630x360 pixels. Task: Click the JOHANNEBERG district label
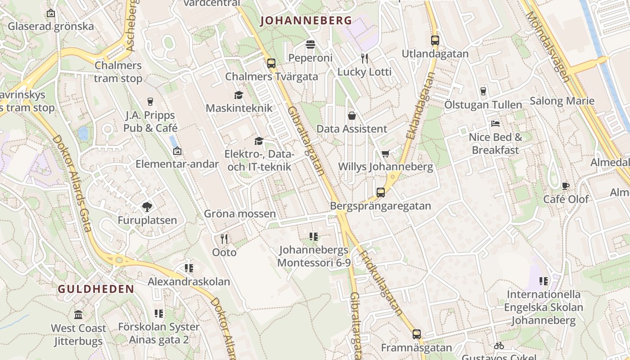point(306,20)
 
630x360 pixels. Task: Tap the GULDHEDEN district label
point(96,289)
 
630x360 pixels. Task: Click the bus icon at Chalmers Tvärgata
point(271,63)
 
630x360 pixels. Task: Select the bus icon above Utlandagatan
point(435,40)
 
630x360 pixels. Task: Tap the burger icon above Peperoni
point(310,44)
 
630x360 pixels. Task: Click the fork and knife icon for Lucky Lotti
point(364,58)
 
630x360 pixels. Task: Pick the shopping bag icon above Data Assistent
point(352,116)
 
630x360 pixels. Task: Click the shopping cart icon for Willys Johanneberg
point(386,154)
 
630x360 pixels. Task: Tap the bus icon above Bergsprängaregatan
point(381,193)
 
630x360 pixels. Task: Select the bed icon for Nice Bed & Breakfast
point(495,124)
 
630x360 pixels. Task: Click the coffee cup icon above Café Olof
point(566,186)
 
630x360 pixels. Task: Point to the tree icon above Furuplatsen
point(147,207)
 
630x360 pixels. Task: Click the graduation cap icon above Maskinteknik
point(238,95)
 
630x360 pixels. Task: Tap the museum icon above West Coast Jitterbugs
point(78,315)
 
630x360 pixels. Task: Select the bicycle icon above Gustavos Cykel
point(499,346)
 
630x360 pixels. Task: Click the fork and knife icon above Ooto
point(224,238)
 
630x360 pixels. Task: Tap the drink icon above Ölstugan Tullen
point(483,91)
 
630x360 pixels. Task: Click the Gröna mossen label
point(239,214)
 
